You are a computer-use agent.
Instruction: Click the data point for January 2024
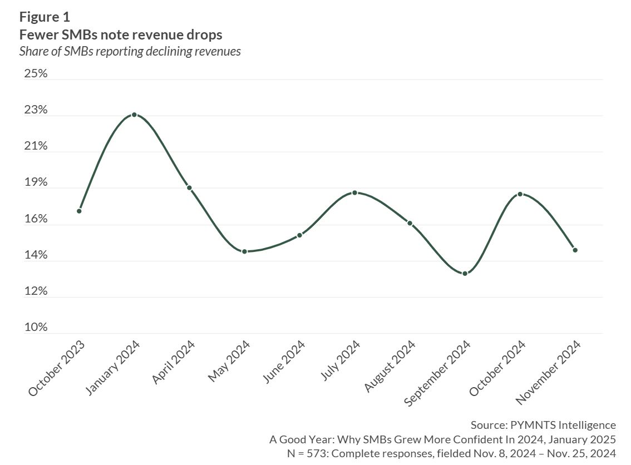[134, 115]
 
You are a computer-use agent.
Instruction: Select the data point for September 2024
[465, 273]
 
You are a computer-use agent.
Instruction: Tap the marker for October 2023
[79, 211]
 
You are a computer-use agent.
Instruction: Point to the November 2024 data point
[575, 250]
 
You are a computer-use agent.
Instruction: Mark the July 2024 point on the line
[354, 192]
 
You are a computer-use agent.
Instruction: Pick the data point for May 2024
[244, 251]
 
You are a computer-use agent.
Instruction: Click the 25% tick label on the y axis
[36, 73]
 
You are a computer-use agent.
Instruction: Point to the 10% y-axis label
[36, 328]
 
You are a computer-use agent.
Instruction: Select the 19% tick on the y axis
[36, 182]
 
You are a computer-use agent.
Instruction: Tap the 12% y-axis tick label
[36, 291]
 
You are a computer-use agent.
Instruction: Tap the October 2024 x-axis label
[498, 367]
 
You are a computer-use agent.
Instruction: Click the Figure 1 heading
[45, 16]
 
